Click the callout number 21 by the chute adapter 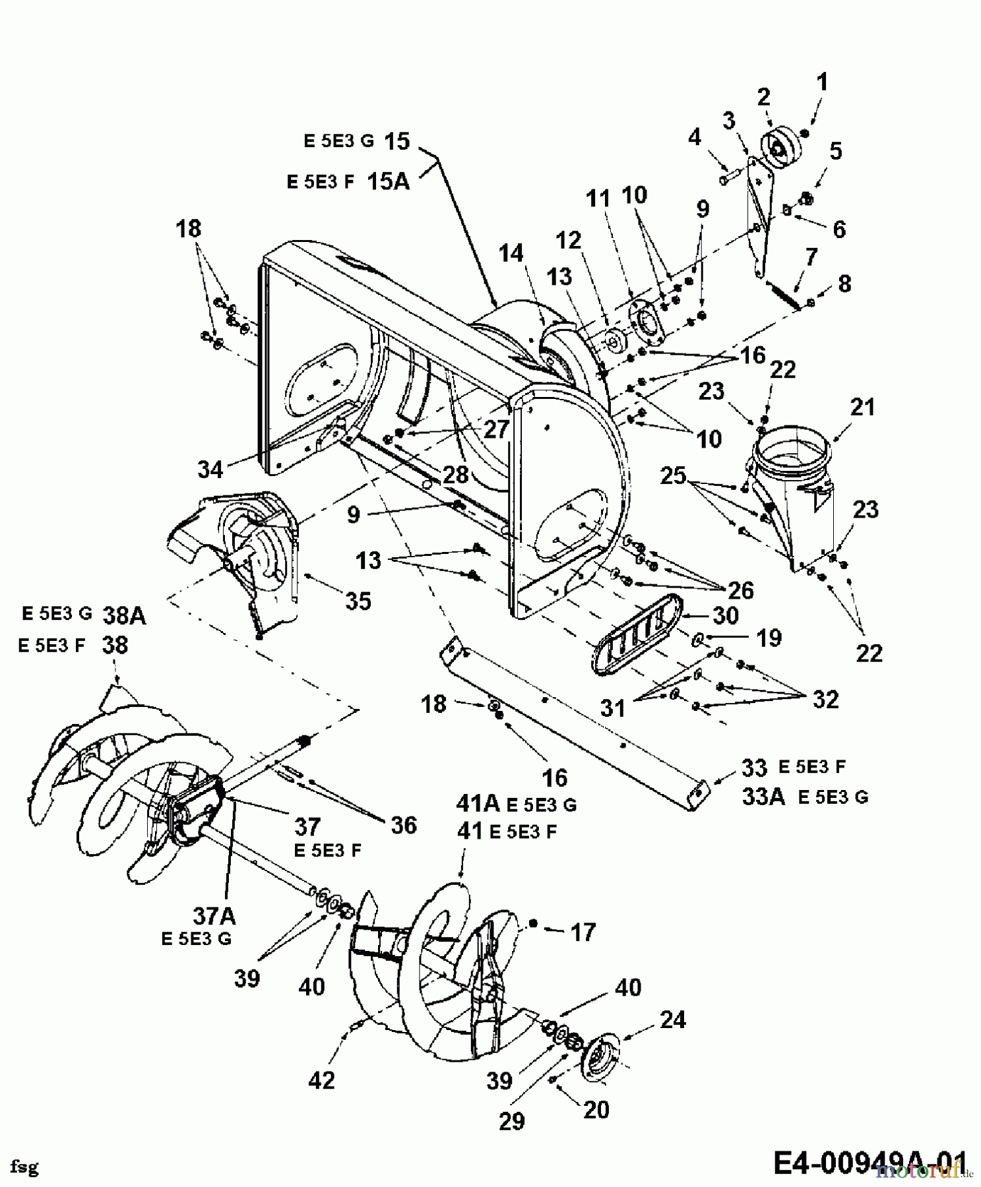tap(862, 407)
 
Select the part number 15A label tap(388, 181)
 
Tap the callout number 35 tap(358, 601)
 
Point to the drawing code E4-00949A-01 tap(870, 1163)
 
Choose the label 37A tap(214, 916)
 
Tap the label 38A tap(124, 616)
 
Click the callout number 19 tap(769, 638)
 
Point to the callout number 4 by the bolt tap(695, 138)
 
